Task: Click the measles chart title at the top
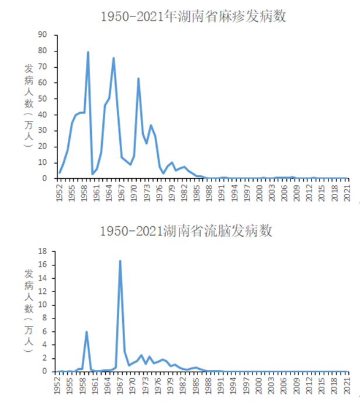(193, 16)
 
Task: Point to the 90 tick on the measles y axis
(43, 34)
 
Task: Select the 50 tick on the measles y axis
(43, 98)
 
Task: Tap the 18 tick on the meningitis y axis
(43, 251)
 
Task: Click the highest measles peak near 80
(88, 52)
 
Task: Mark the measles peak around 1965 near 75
(113, 58)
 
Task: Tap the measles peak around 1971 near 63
(139, 78)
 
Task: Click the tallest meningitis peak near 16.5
(120, 261)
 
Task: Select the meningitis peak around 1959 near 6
(87, 332)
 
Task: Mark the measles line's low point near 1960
(92, 174)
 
